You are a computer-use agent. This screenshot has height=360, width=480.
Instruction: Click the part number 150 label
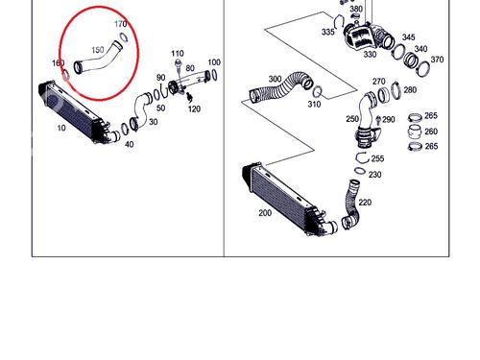tap(98, 50)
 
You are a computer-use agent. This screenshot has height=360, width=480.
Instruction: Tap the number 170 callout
tap(121, 24)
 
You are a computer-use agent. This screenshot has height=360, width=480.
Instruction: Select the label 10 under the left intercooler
tap(61, 128)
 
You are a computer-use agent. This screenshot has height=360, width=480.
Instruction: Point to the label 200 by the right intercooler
tap(265, 213)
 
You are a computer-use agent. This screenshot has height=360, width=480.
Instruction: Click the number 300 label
tap(275, 79)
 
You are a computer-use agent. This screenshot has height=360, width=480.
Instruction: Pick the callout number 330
tap(370, 55)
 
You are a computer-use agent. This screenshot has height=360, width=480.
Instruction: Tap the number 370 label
tap(437, 60)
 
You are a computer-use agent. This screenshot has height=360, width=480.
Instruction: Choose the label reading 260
tap(431, 132)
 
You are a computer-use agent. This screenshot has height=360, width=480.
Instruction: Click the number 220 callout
tap(365, 203)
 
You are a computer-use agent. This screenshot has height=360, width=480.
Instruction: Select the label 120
tap(194, 109)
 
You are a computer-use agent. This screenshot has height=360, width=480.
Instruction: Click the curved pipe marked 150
tap(98, 60)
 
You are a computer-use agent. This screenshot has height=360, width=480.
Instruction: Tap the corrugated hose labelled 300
tap(281, 87)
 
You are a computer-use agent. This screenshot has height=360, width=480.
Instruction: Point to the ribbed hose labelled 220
tap(350, 204)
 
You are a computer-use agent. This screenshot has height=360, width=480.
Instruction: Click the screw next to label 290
tap(378, 120)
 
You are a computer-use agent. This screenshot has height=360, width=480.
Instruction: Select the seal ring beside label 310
tap(317, 92)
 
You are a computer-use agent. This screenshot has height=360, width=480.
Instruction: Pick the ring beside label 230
tap(360, 171)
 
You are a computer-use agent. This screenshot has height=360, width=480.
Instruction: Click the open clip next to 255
tap(363, 157)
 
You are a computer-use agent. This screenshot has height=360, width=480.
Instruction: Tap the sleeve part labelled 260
tap(415, 132)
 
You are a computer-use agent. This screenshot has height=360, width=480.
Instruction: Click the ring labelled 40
tap(124, 129)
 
